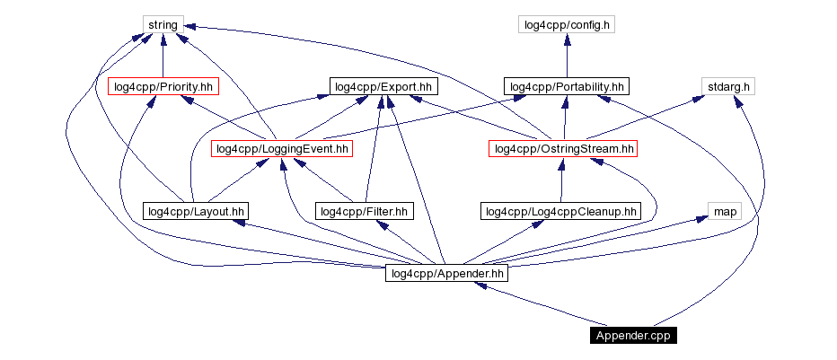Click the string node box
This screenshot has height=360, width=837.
[x=163, y=24]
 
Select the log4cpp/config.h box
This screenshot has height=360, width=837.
[x=566, y=24]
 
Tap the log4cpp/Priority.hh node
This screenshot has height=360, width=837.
[x=163, y=86]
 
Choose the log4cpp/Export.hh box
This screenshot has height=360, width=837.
[x=383, y=86]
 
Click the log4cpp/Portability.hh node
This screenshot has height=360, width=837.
[x=566, y=86]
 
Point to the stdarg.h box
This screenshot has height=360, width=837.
[x=727, y=86]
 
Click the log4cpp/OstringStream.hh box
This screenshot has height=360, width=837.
[x=563, y=148]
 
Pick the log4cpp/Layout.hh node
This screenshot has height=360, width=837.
[x=195, y=211]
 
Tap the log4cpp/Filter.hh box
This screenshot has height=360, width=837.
[x=365, y=211]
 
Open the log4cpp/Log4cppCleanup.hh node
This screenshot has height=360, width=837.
[x=560, y=211]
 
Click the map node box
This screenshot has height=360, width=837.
[x=725, y=211]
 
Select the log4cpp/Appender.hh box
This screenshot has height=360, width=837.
[x=446, y=273]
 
